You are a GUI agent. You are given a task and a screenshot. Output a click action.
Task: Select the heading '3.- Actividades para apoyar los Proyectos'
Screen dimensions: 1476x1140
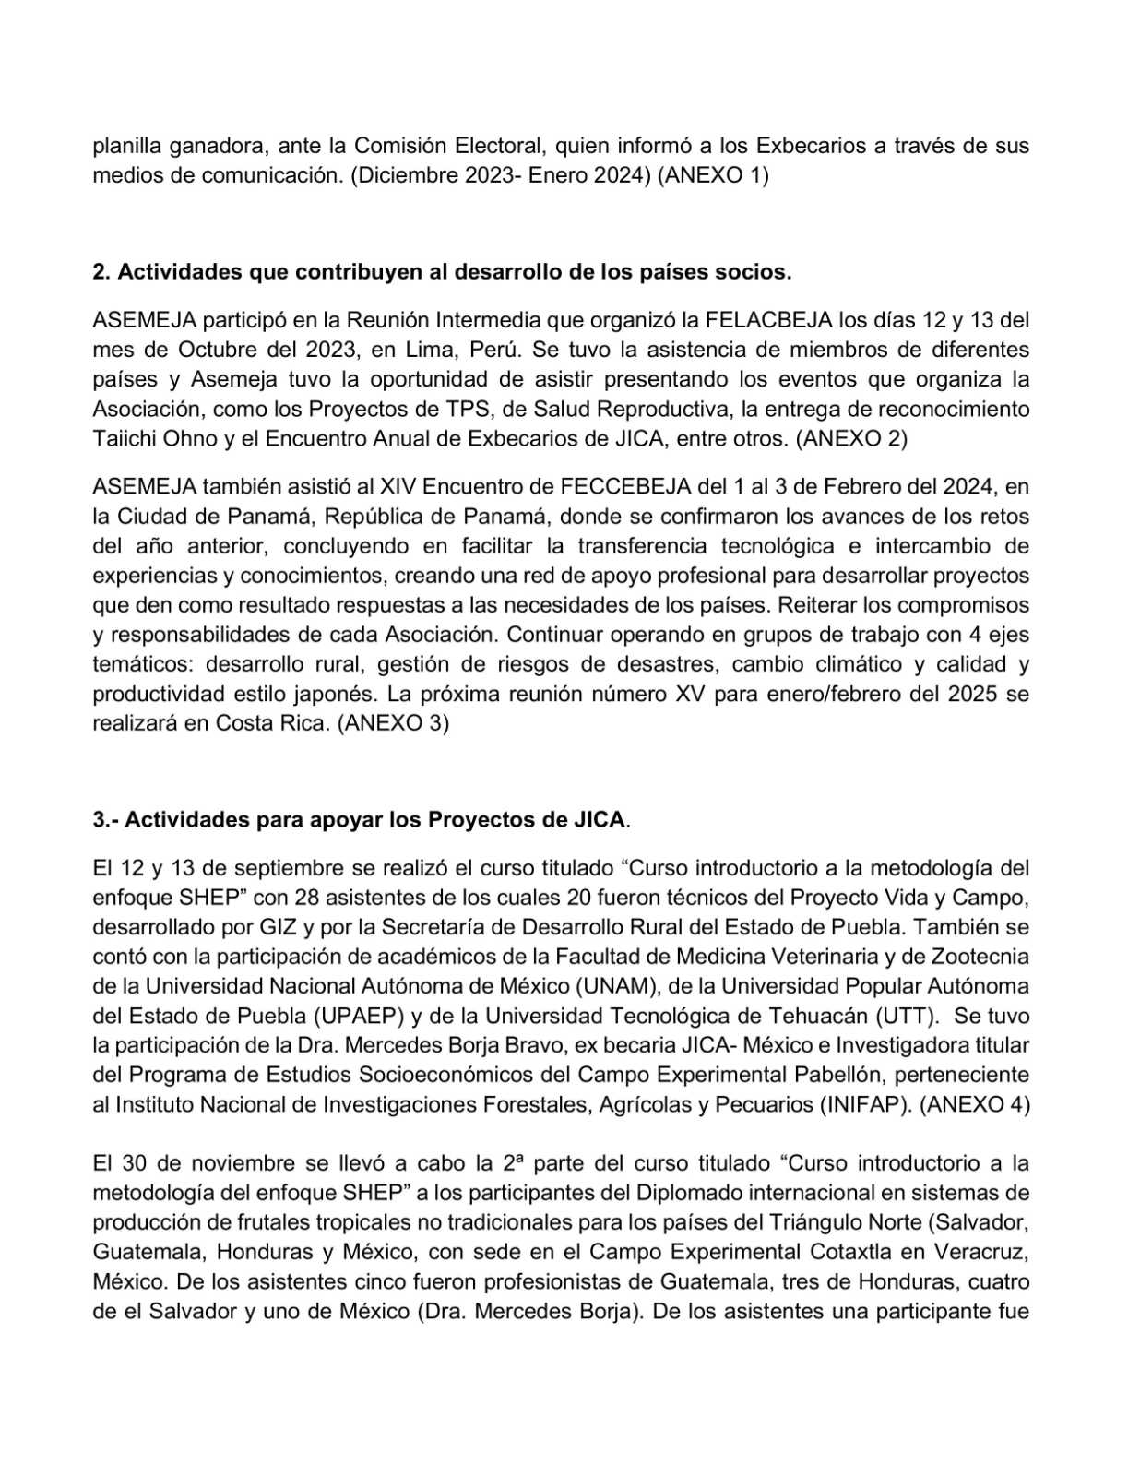359,819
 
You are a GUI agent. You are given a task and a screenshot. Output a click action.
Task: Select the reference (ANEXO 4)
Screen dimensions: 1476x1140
975,1104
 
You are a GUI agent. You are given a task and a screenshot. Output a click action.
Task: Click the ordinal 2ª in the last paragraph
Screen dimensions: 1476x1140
514,1162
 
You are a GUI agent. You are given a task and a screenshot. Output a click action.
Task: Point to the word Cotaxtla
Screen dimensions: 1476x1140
849,1252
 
